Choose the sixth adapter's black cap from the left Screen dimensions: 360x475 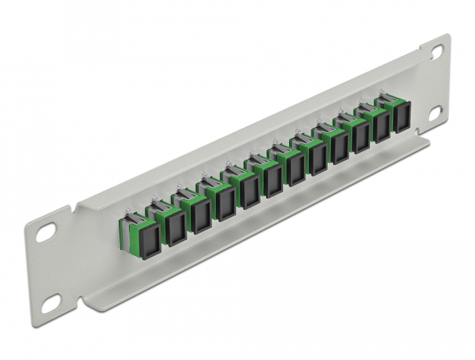tap(273, 181)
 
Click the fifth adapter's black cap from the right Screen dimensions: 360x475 tap(317, 160)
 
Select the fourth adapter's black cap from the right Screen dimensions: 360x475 tap(339, 150)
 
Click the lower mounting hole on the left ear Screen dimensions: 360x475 tap(49, 306)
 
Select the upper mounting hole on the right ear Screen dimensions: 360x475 tap(435, 51)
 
